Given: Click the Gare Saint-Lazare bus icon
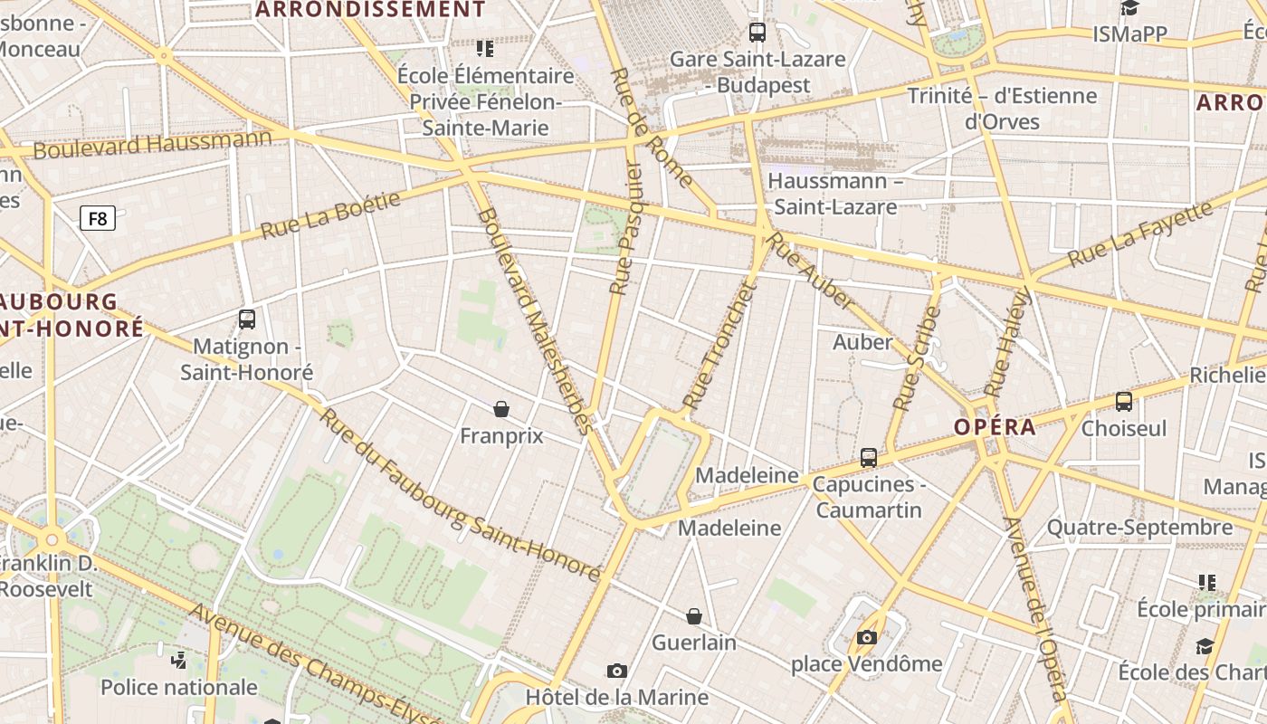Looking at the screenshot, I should click(x=757, y=33).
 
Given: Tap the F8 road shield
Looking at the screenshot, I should click(x=98, y=218).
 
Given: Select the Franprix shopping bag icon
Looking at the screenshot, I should click(x=501, y=409).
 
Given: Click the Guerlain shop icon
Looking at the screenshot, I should click(x=694, y=616).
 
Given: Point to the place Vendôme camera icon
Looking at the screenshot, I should click(x=867, y=637).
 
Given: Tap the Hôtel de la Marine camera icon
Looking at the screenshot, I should click(x=617, y=671).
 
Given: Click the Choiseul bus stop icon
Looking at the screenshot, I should click(x=1124, y=402).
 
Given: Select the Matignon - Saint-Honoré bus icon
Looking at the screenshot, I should click(x=247, y=319).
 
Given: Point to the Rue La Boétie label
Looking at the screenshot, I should click(x=330, y=215).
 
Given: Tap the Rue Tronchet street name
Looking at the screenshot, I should click(x=718, y=346).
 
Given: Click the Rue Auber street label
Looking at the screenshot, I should click(x=811, y=271).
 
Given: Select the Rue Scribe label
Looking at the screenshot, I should click(x=917, y=358).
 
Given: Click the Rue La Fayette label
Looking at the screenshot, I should click(x=1139, y=234).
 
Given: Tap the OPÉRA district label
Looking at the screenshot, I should click(x=995, y=427).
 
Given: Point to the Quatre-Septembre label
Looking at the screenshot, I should click(x=1139, y=527).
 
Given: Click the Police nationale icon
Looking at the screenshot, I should click(x=178, y=660).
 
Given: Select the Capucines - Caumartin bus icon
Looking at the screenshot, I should click(x=869, y=458).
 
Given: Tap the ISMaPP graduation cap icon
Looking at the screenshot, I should click(x=1129, y=9).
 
